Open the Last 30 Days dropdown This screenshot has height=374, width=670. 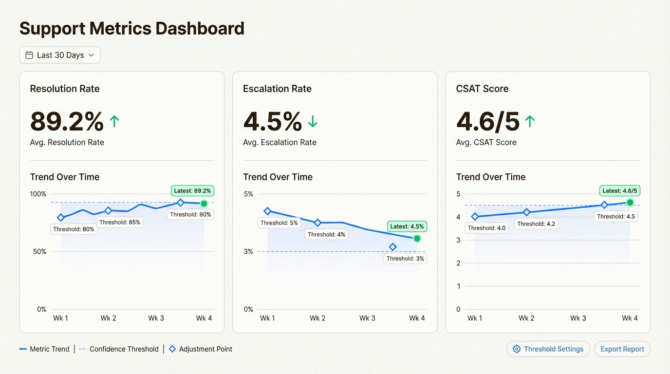pyautogui.click(x=60, y=55)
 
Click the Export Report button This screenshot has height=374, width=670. pyautogui.click(x=622, y=349)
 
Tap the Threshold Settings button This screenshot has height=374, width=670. pyautogui.click(x=548, y=349)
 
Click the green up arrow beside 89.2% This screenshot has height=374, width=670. pyautogui.click(x=114, y=121)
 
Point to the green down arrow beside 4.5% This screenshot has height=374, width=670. pyautogui.click(x=313, y=121)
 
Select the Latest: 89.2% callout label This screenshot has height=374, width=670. pyautogui.click(x=192, y=191)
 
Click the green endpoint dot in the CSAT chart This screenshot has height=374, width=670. pyautogui.click(x=630, y=203)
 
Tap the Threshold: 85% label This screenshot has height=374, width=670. pyautogui.click(x=119, y=222)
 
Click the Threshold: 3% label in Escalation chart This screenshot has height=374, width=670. pyautogui.click(x=405, y=259)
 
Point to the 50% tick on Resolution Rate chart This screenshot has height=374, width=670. pyautogui.click(x=38, y=252)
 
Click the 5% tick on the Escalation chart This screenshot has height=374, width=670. pyautogui.click(x=248, y=194)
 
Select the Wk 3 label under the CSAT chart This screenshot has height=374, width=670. pyautogui.click(x=578, y=318)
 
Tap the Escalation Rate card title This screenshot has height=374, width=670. pyautogui.click(x=277, y=89)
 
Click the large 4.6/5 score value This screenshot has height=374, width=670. pyautogui.click(x=487, y=121)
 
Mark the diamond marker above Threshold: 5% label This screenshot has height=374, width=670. pyautogui.click(x=267, y=211)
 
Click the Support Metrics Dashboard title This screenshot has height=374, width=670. pyautogui.click(x=131, y=28)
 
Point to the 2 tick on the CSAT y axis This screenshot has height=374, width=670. pyautogui.click(x=458, y=263)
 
